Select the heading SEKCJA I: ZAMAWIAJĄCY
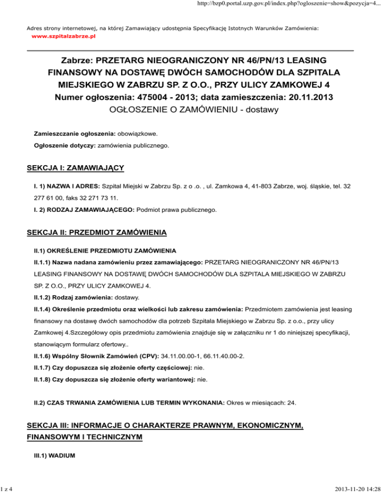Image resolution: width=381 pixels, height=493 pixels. pos(75,168)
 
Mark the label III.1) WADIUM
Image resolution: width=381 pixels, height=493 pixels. pos(54,453)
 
